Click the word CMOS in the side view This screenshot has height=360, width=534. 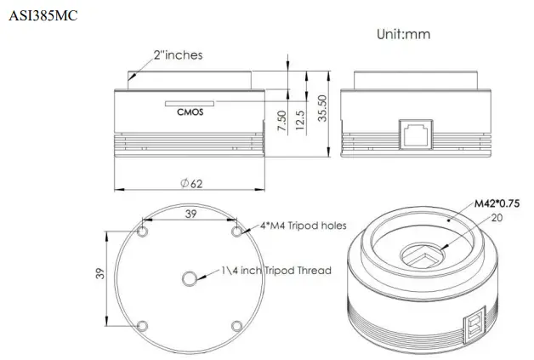[x=189, y=109]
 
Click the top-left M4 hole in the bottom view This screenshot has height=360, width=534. [x=143, y=231]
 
